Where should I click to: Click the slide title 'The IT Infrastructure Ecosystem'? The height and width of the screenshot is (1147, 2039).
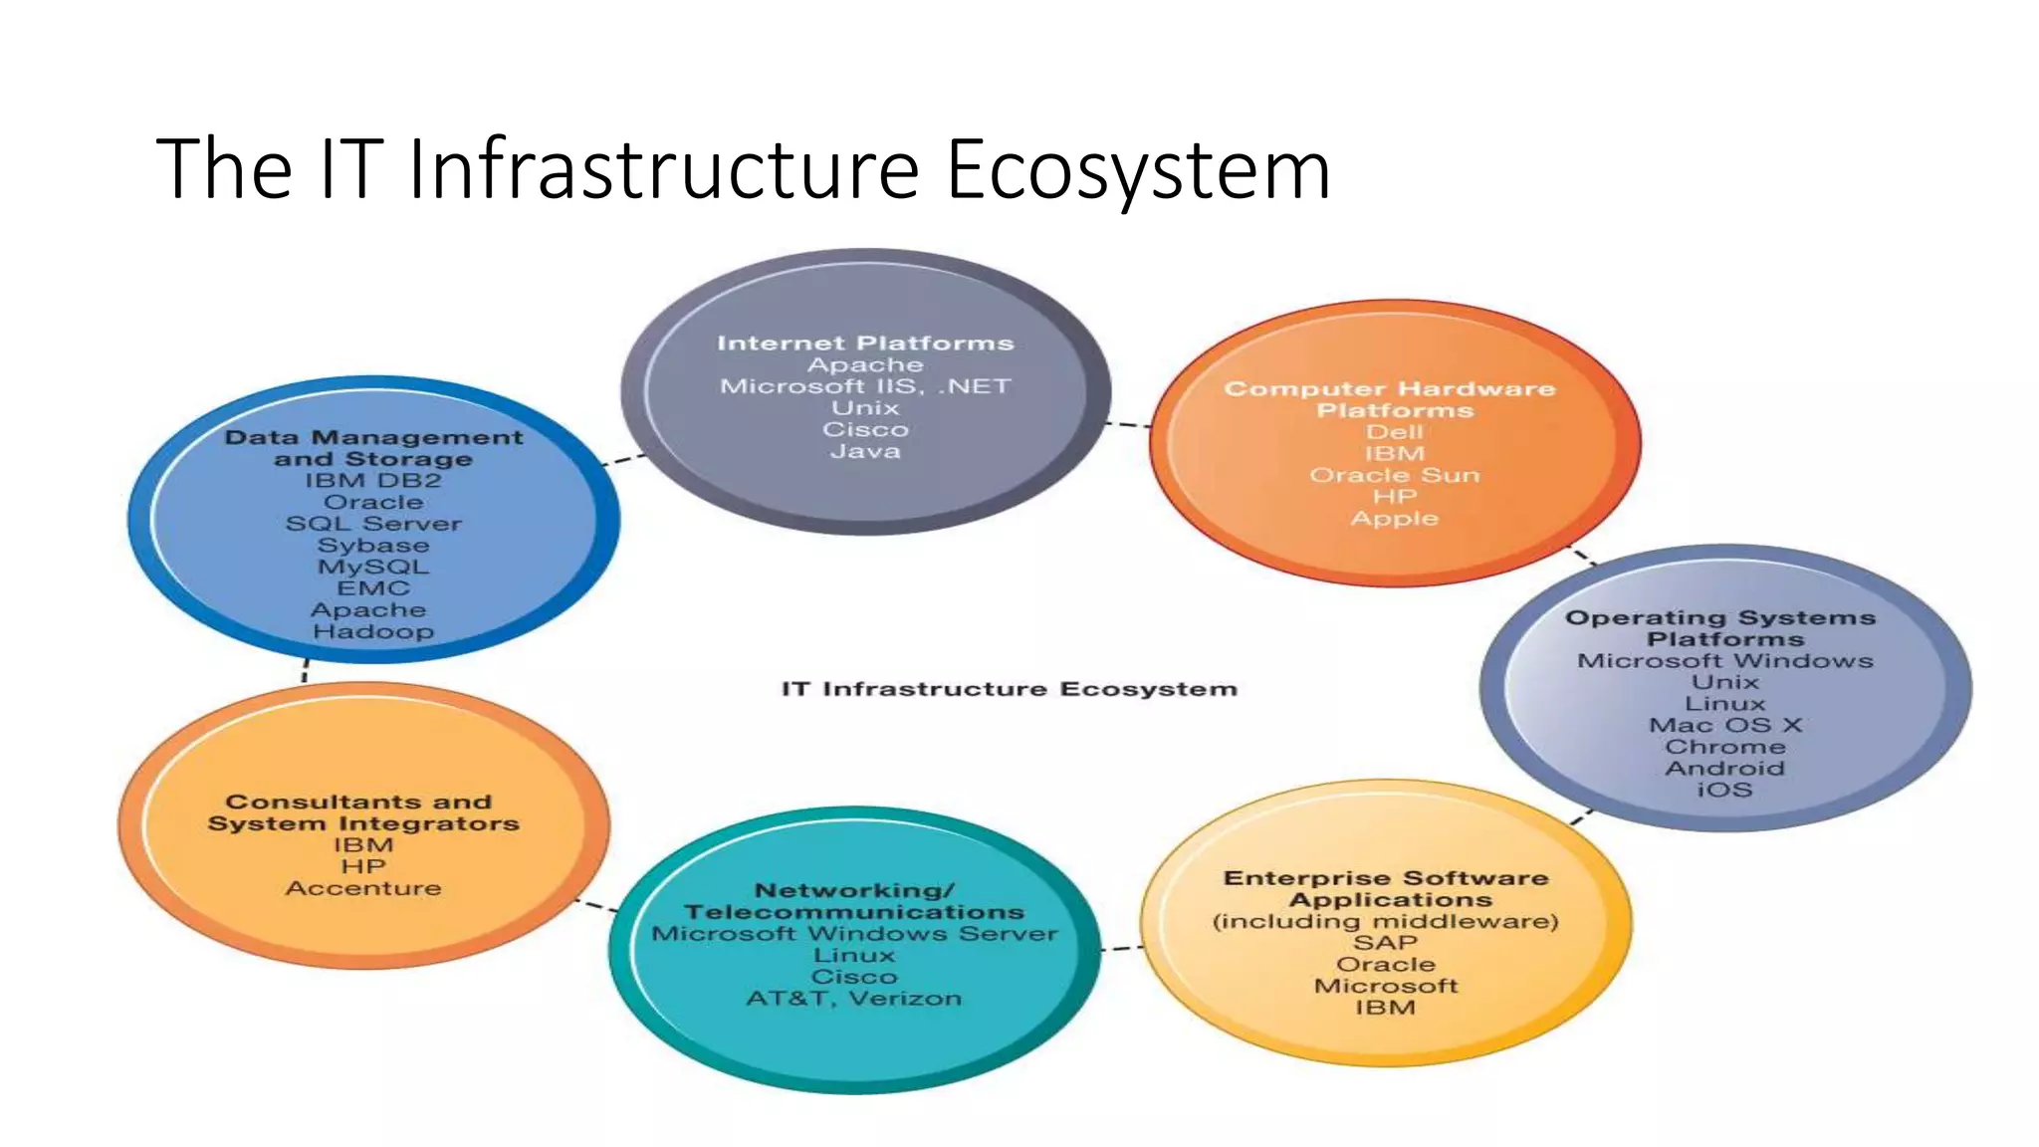click(743, 169)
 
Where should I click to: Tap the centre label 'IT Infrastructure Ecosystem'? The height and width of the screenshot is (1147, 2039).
click(1009, 689)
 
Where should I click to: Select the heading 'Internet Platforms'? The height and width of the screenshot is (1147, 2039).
click(865, 344)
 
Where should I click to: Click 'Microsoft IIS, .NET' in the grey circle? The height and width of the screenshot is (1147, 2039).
click(865, 386)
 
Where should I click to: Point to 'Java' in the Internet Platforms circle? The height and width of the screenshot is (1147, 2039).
click(865, 451)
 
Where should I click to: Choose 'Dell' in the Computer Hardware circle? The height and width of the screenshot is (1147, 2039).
click(1394, 432)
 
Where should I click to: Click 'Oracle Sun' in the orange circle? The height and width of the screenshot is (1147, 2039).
click(1394, 475)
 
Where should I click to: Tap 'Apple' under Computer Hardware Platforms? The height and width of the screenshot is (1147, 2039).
click(1394, 519)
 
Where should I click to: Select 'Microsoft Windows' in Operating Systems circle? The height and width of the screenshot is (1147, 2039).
click(1724, 661)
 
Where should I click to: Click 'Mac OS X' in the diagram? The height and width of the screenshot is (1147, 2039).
click(1724, 726)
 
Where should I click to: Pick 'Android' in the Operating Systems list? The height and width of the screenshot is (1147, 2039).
click(1724, 769)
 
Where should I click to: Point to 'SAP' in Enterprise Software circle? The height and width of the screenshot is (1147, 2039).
click(1385, 943)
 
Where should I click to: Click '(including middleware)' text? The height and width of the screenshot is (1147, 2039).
click(1385, 921)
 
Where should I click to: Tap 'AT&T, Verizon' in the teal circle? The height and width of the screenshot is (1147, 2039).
click(854, 999)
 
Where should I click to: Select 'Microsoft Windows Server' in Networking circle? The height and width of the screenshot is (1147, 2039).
click(854, 934)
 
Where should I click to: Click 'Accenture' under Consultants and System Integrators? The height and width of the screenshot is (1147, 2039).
click(363, 888)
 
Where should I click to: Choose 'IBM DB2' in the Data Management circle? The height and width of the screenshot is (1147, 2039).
click(373, 481)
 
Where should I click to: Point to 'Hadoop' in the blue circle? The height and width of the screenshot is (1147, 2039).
click(373, 632)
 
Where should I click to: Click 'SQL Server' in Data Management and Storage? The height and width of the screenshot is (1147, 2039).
click(373, 524)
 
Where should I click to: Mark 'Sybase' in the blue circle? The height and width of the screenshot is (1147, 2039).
click(373, 546)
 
